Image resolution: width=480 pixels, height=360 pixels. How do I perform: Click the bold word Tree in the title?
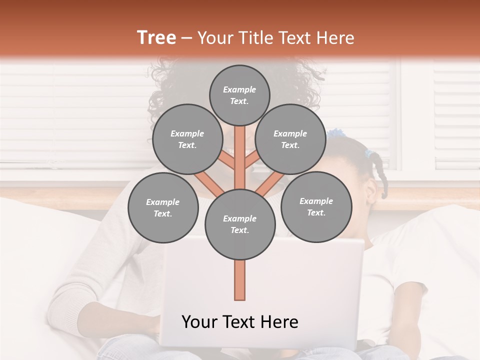click(x=156, y=38)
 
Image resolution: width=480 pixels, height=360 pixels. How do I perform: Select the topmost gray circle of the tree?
click(x=239, y=95)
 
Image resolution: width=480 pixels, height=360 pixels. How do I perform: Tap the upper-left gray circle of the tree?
click(x=187, y=139)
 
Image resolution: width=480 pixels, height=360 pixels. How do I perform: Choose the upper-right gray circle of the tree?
click(x=290, y=139)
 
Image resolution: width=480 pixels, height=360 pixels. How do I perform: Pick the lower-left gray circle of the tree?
click(x=162, y=207)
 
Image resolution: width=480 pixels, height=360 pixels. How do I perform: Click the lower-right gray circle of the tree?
click(x=316, y=206)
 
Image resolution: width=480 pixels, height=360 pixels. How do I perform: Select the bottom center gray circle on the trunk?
click(x=239, y=224)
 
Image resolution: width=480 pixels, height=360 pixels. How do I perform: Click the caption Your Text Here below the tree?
click(x=239, y=322)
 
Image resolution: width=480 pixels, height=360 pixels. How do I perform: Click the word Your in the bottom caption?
click(x=199, y=322)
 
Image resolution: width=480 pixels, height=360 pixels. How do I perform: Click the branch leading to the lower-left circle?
click(x=209, y=183)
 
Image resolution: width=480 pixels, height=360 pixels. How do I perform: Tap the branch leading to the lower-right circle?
click(x=270, y=183)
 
